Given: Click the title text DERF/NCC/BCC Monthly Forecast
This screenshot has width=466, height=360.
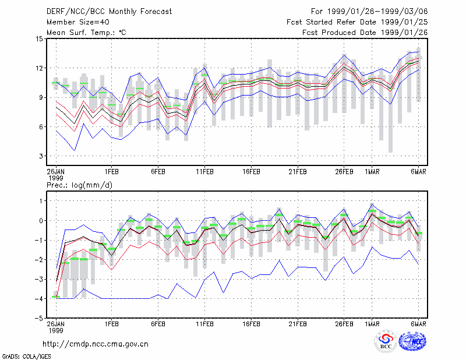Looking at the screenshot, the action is (x=109, y=12).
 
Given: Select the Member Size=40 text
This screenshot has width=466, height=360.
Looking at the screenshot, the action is (x=78, y=22).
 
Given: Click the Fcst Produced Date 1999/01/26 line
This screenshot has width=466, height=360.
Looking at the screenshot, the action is (x=365, y=33).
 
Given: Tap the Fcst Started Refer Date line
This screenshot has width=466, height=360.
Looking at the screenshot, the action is (x=357, y=22).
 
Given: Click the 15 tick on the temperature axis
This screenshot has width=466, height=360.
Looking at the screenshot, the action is (x=40, y=39).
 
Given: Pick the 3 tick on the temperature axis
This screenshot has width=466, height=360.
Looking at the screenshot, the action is (x=41, y=156).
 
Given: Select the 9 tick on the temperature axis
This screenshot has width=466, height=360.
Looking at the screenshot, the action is (x=41, y=97).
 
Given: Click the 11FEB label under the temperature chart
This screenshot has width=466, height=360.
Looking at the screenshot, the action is (x=204, y=172).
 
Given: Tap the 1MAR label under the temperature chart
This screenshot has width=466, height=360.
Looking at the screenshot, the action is (x=372, y=172).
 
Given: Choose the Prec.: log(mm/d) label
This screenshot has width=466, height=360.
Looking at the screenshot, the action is (x=79, y=185).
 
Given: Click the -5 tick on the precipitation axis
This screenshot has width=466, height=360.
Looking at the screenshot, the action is (x=39, y=318).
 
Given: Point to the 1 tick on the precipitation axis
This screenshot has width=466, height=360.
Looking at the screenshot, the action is (x=41, y=201).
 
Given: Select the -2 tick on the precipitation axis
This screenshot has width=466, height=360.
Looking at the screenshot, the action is (x=39, y=260).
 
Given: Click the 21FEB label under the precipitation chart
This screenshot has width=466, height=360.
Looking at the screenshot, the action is (x=298, y=324).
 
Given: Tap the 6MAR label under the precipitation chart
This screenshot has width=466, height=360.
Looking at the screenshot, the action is (x=418, y=324).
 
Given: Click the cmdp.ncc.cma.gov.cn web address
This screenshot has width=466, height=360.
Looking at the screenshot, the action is (x=96, y=344).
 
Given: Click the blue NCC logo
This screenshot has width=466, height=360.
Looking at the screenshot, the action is (x=412, y=341).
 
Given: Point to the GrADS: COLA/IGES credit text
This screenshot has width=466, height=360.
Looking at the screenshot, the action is (x=27, y=357).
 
